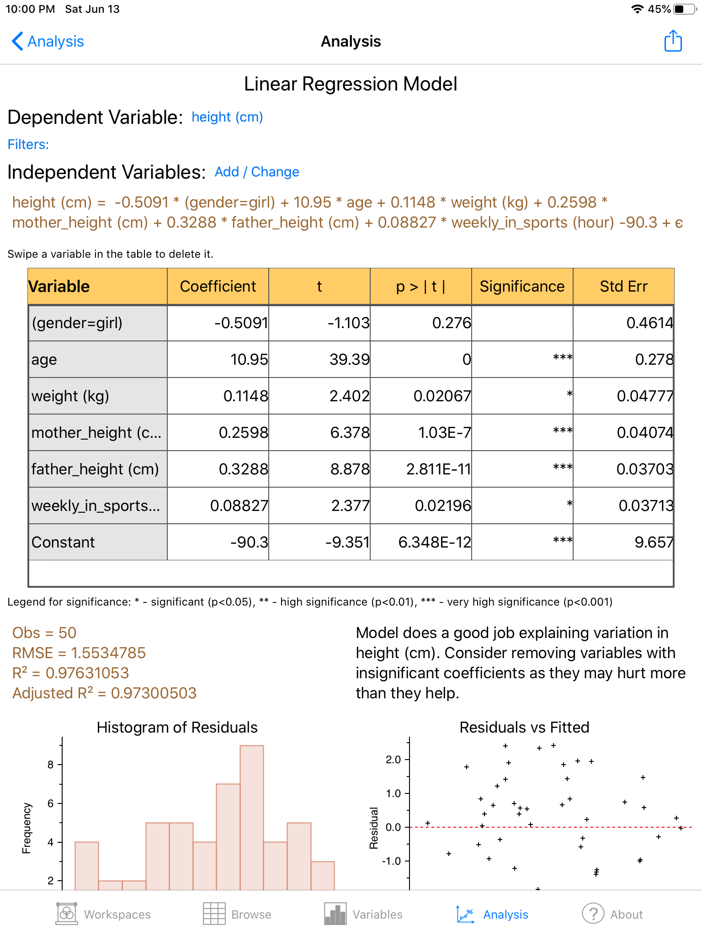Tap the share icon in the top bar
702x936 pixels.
[673, 41]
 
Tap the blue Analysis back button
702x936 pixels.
[48, 42]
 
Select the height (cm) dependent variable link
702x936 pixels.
[227, 117]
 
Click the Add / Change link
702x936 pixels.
[257, 172]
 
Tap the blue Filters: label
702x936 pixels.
[28, 144]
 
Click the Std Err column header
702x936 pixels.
[623, 287]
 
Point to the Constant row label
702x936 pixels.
[64, 542]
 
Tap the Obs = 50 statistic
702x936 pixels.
[44, 633]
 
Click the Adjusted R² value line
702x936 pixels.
[104, 693]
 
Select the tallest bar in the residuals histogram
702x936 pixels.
[252, 818]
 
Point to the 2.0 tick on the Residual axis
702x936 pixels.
[394, 760]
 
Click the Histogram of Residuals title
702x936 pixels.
[177, 728]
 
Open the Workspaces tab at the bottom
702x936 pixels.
[103, 914]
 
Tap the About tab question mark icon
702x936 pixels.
[593, 914]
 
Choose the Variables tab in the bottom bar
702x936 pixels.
[363, 914]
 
